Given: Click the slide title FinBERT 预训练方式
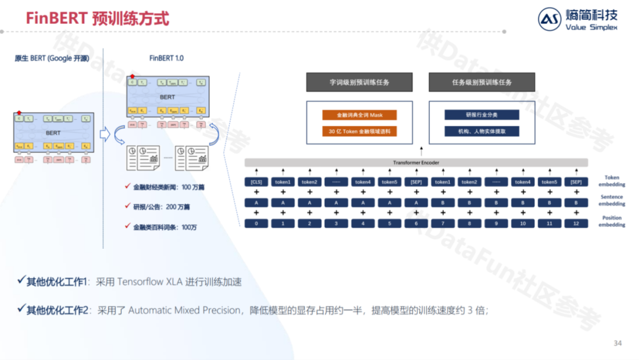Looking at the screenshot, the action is click(x=97, y=18).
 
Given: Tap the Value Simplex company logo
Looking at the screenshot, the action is click(x=577, y=19).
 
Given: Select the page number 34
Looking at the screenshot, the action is click(x=618, y=343).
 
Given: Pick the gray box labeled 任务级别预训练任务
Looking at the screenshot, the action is click(x=482, y=82).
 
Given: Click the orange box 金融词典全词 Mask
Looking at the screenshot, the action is click(x=359, y=115).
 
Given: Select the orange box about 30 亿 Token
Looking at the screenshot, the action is click(x=359, y=131).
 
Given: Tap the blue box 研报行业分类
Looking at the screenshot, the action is click(x=482, y=115).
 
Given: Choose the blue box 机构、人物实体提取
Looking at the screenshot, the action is click(x=482, y=131).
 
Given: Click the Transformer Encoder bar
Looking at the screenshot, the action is click(x=416, y=162).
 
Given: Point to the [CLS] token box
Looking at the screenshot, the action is click(x=256, y=182).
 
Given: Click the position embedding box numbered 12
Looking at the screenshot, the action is click(x=576, y=224).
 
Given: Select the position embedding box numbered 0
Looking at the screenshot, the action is click(x=256, y=224).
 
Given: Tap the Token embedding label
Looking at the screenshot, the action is click(x=612, y=181).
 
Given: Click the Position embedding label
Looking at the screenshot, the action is click(x=612, y=221).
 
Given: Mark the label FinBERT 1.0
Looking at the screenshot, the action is click(x=166, y=58).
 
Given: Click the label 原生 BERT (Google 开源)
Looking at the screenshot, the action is click(x=51, y=58).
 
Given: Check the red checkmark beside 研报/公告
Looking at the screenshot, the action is click(x=128, y=206).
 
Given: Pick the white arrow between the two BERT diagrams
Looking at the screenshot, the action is click(x=105, y=134).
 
